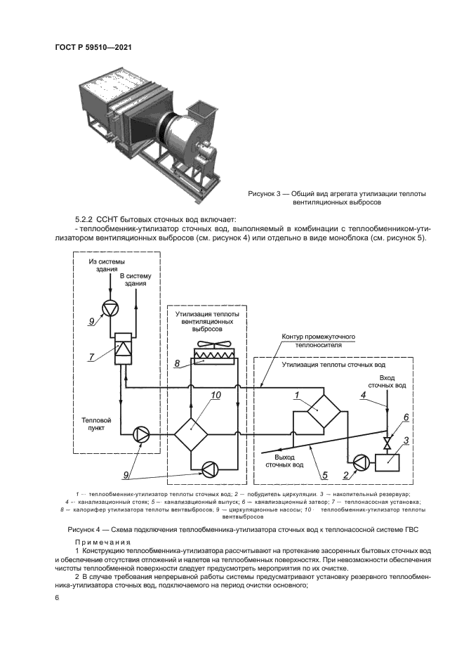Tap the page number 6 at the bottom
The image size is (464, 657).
click(57, 597)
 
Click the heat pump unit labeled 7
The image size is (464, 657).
click(123, 348)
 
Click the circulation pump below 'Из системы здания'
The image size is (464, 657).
click(110, 308)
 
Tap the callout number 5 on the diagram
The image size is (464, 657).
click(325, 475)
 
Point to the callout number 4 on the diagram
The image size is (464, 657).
click(364, 395)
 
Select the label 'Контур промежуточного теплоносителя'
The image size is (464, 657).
click(318, 341)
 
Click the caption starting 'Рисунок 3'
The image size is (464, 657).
click(337, 197)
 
